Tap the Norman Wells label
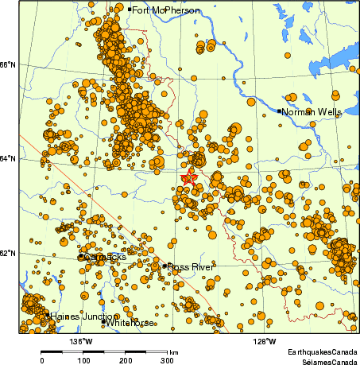[312, 112]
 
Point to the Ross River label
[191, 267]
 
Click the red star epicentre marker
[188, 179]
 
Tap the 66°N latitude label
[9, 64]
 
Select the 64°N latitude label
[9, 158]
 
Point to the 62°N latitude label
[9, 253]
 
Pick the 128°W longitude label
[265, 341]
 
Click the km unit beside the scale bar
[173, 351]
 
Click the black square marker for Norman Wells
[280, 111]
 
